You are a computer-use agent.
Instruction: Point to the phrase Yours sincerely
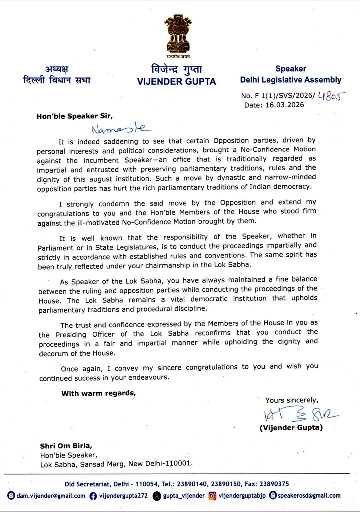[x=291, y=400]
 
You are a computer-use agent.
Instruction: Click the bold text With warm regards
[x=98, y=393]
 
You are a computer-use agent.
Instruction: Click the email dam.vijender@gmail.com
[x=47, y=495]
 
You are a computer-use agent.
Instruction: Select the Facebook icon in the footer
[x=93, y=495]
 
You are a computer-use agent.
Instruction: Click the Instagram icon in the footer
[x=212, y=495]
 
